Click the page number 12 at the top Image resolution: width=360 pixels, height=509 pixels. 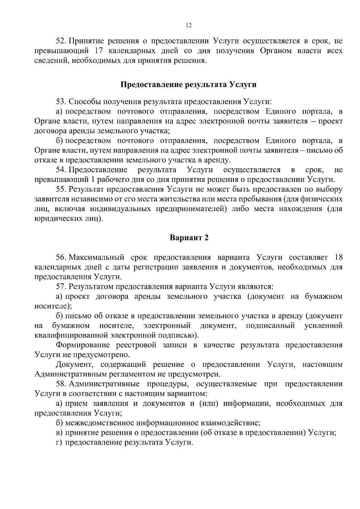188,25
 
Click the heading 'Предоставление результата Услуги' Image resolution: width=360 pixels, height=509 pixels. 188,85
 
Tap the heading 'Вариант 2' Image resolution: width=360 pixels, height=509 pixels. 189,238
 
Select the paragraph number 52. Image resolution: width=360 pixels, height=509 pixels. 61,41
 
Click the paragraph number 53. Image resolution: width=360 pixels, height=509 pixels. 61,101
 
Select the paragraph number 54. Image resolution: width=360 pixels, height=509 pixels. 61,170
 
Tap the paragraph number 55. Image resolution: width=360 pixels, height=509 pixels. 61,190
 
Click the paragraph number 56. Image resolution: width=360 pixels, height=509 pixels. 61,257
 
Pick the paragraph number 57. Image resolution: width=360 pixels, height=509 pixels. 61,286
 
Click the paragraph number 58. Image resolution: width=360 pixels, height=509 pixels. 61,384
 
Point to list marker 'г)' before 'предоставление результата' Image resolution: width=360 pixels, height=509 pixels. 59,442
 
